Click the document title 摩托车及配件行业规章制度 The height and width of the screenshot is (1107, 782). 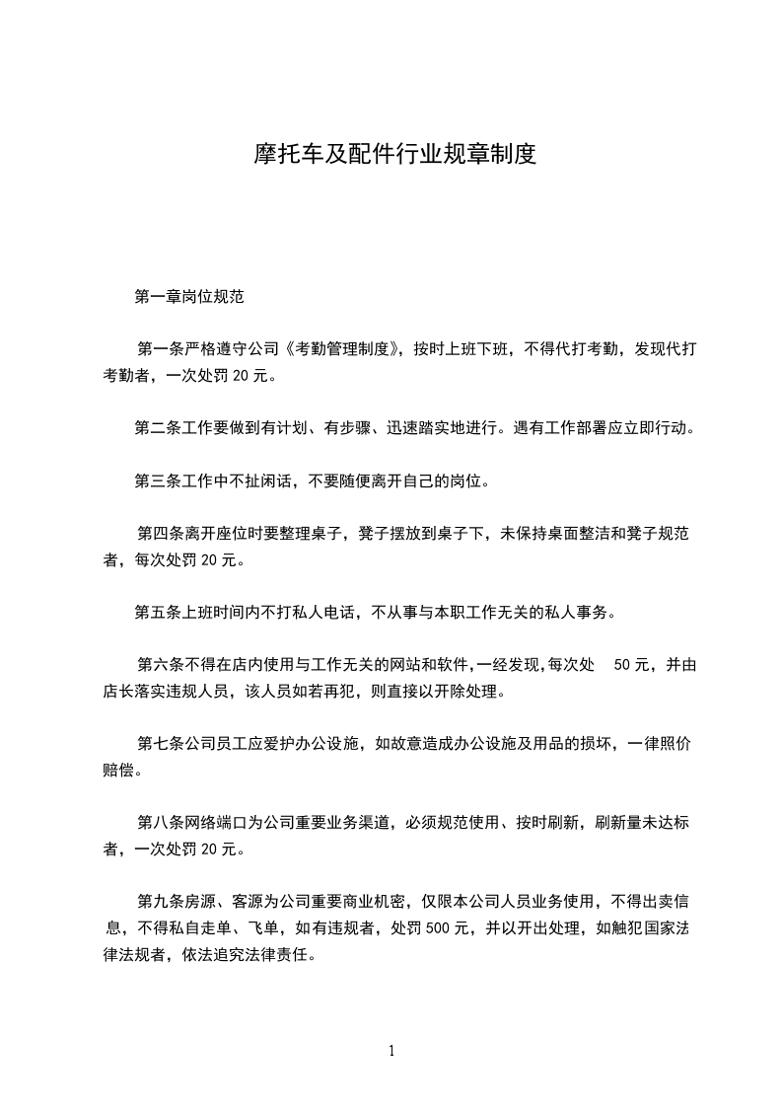[391, 155]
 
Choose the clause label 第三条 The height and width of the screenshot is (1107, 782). [158, 482]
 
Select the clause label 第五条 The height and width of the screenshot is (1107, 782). [158, 613]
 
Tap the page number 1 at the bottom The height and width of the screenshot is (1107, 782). [391, 1051]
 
